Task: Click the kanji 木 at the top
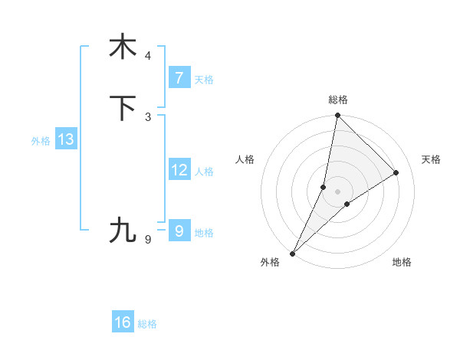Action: point(123,47)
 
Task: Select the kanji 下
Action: point(123,109)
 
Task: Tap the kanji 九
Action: point(123,230)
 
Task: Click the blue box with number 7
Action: point(179,78)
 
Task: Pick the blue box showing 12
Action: point(179,170)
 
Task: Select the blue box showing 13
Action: point(65,140)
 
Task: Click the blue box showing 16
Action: point(123,322)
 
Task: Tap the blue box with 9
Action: point(179,231)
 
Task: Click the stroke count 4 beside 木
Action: point(148,56)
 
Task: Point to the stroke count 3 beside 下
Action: point(148,116)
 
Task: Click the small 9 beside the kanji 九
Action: point(148,240)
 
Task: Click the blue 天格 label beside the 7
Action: point(204,80)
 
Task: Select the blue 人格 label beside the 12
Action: point(204,172)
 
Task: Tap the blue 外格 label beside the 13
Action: point(41,141)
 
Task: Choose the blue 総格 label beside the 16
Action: point(147,324)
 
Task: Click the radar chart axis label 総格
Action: point(337,100)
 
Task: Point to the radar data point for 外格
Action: point(292,253)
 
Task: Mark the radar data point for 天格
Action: point(396,172)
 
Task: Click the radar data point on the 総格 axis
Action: point(337,115)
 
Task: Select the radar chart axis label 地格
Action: point(402,263)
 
